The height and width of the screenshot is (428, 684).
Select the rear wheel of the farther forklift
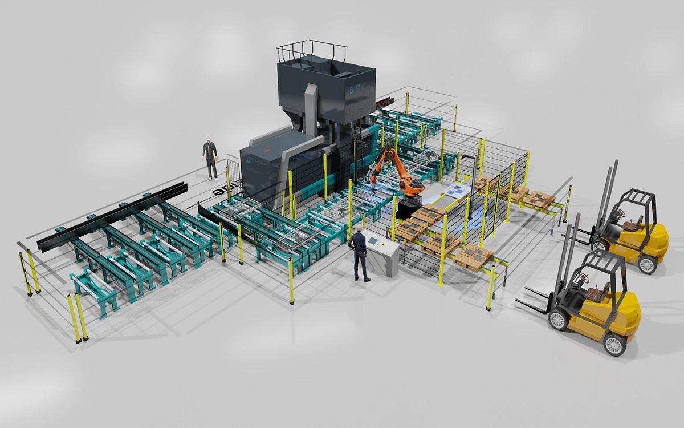click(648, 264)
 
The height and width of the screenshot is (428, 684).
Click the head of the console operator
click(357, 229)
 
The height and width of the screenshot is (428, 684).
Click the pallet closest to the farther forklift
click(539, 200)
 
